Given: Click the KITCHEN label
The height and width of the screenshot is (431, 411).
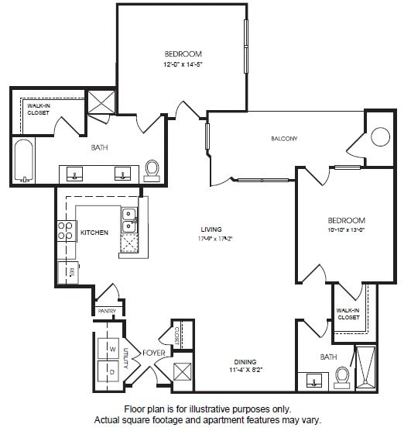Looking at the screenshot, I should click(x=94, y=232).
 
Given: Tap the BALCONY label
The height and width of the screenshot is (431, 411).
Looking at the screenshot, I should click(x=284, y=139).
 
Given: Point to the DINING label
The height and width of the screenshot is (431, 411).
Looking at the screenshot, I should click(x=245, y=362).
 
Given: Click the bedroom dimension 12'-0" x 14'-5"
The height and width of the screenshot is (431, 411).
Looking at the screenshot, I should click(x=183, y=64).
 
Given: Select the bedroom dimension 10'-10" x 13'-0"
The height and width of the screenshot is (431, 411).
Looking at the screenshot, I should click(x=345, y=230).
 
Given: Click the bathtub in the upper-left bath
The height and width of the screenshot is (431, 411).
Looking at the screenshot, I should click(x=24, y=160).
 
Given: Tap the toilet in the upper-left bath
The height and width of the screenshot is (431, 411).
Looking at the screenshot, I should click(x=152, y=169).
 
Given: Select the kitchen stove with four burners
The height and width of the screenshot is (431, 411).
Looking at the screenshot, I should click(x=66, y=231).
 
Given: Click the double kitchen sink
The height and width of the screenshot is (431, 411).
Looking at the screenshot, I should click(x=128, y=220).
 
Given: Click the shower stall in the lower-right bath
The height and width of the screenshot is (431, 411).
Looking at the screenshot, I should click(x=365, y=367).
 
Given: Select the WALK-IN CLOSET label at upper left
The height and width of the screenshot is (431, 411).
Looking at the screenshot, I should click(x=38, y=109).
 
